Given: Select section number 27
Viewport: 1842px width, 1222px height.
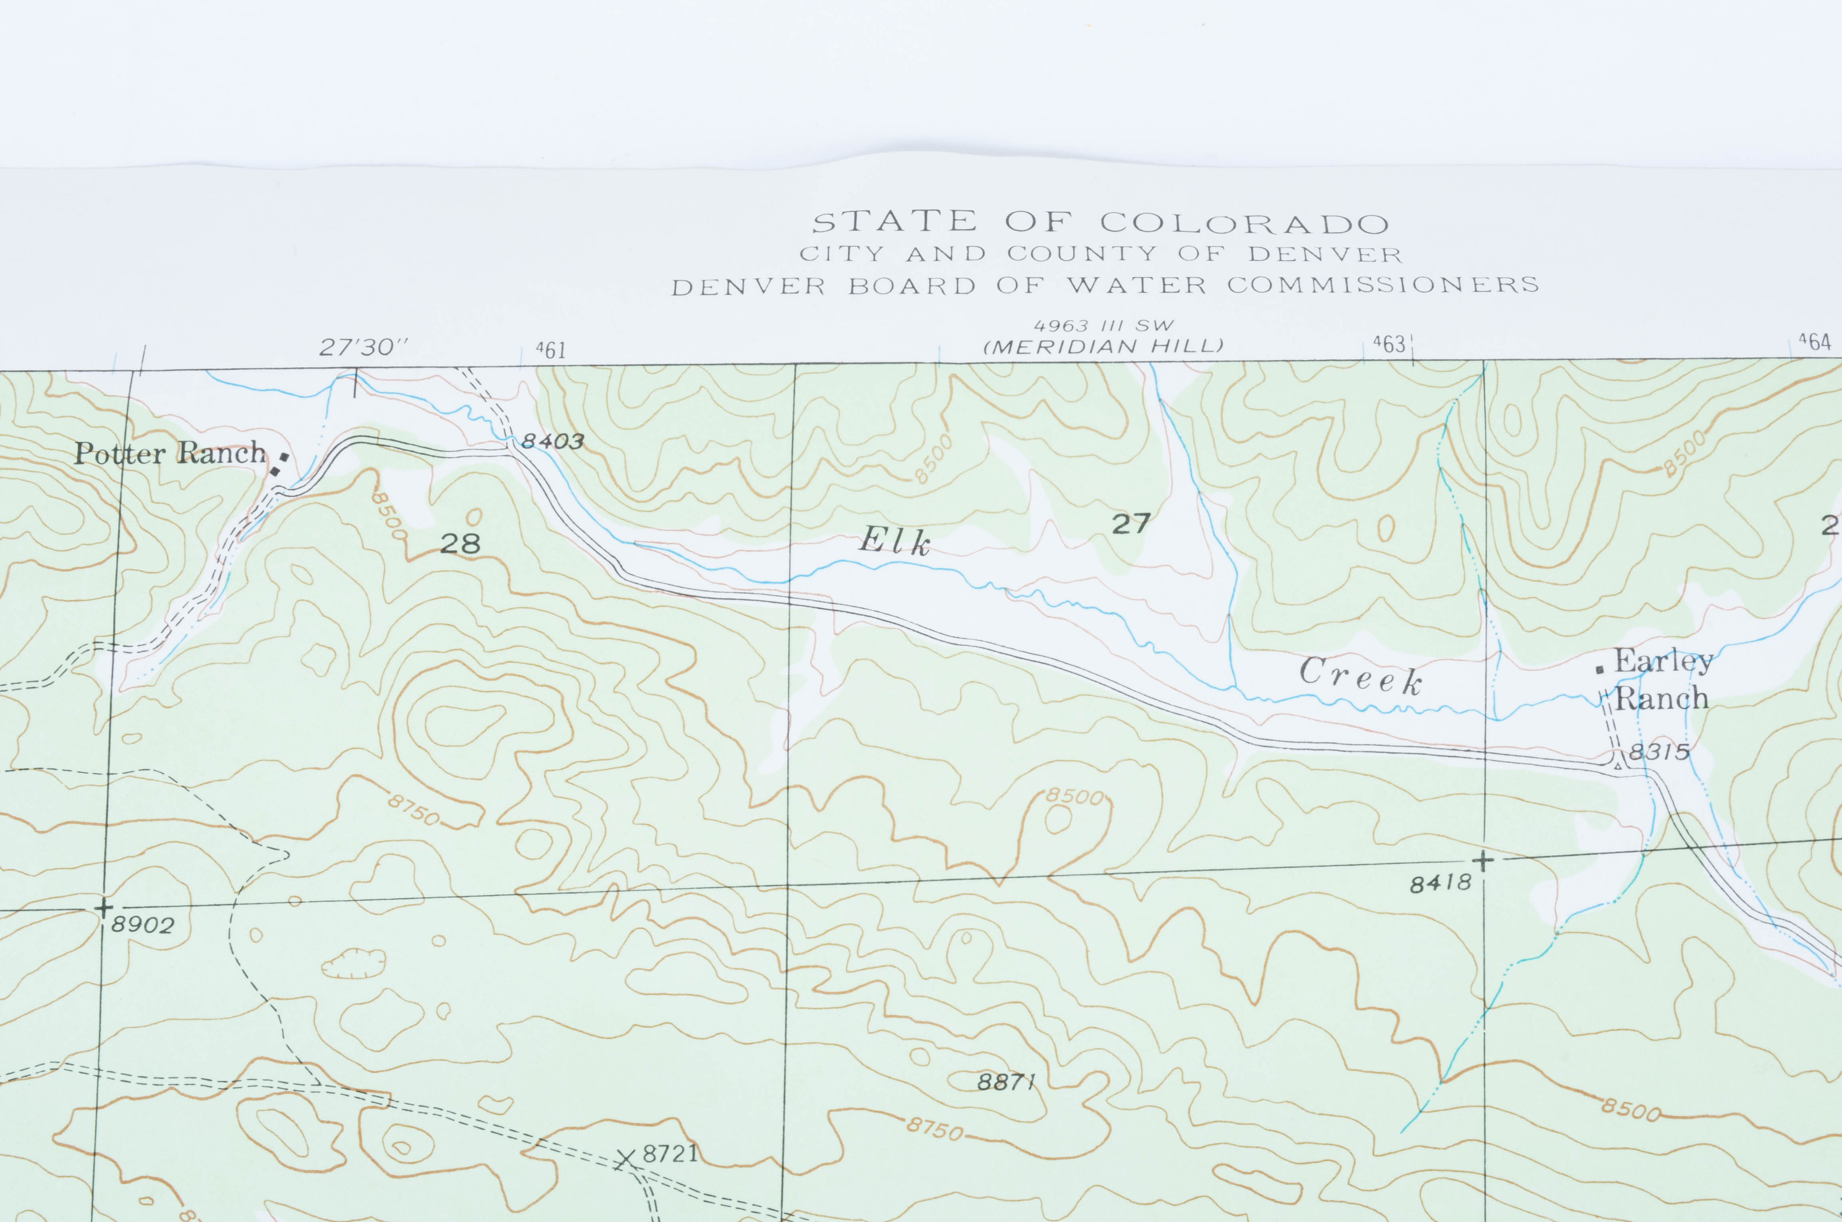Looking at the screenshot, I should point(1131,524).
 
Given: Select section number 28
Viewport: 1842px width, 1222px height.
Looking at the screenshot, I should point(460,543).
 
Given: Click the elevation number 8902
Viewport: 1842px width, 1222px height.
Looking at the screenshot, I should point(143,925).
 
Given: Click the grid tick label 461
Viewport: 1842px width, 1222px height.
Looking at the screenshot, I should point(551,351).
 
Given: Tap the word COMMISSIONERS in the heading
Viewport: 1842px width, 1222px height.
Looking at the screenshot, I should point(1383,285).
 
